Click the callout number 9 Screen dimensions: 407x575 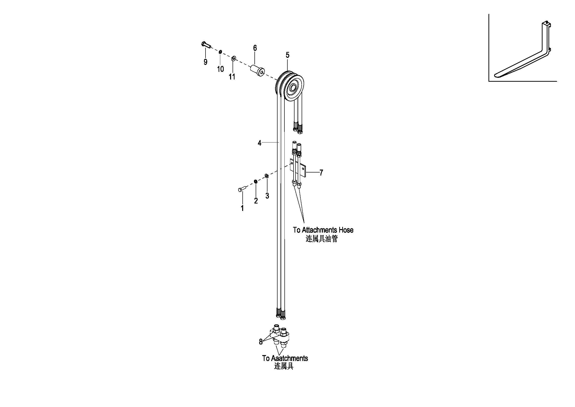[205, 62]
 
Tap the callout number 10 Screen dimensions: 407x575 [220, 69]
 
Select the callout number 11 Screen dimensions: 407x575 [232, 77]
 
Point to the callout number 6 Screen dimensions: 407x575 [255, 48]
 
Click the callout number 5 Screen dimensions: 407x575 [288, 55]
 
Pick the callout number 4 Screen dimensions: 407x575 [259, 143]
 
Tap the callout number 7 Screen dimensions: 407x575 [321, 172]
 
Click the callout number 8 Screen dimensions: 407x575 [261, 342]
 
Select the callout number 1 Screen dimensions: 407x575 [242, 208]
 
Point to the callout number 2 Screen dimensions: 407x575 [256, 201]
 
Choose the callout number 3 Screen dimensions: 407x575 [267, 196]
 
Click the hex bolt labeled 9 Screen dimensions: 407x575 [206, 45]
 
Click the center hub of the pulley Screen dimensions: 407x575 [293, 88]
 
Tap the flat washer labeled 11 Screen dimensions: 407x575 [234, 59]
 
